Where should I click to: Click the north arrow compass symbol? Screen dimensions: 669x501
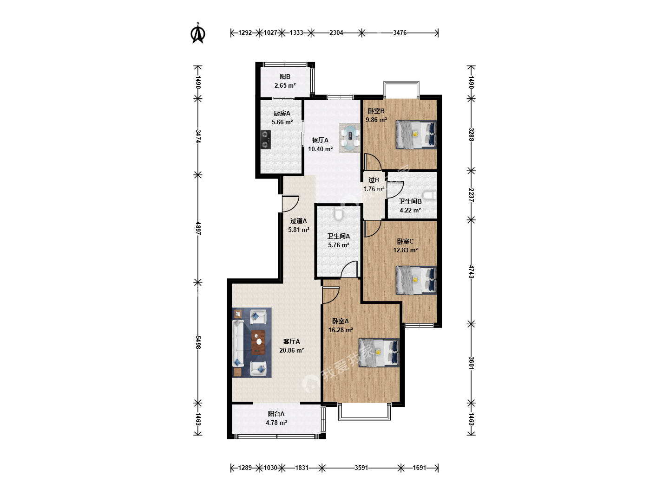click(198, 33)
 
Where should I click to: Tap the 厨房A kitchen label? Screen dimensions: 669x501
click(282, 114)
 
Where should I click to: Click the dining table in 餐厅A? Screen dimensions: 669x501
click(350, 138)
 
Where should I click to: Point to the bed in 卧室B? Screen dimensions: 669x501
click(416, 135)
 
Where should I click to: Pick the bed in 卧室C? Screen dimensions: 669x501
click(416, 280)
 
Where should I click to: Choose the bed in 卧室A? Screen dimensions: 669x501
click(379, 353)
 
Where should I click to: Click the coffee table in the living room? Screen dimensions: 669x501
click(258, 342)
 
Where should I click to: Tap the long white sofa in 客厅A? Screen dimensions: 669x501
click(238, 343)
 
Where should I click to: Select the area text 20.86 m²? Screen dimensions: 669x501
click(292, 350)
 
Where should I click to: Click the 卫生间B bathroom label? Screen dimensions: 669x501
click(410, 201)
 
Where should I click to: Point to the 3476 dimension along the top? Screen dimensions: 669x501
click(400, 32)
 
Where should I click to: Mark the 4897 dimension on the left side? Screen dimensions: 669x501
click(198, 228)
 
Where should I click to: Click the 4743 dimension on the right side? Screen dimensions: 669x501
click(471, 272)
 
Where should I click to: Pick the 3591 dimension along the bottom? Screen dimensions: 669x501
click(361, 468)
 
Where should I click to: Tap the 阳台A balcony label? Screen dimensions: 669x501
click(276, 414)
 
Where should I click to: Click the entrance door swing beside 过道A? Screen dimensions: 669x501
click(290, 203)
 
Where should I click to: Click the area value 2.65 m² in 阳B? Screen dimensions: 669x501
click(285, 85)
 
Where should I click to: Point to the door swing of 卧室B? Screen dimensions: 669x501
click(373, 162)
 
